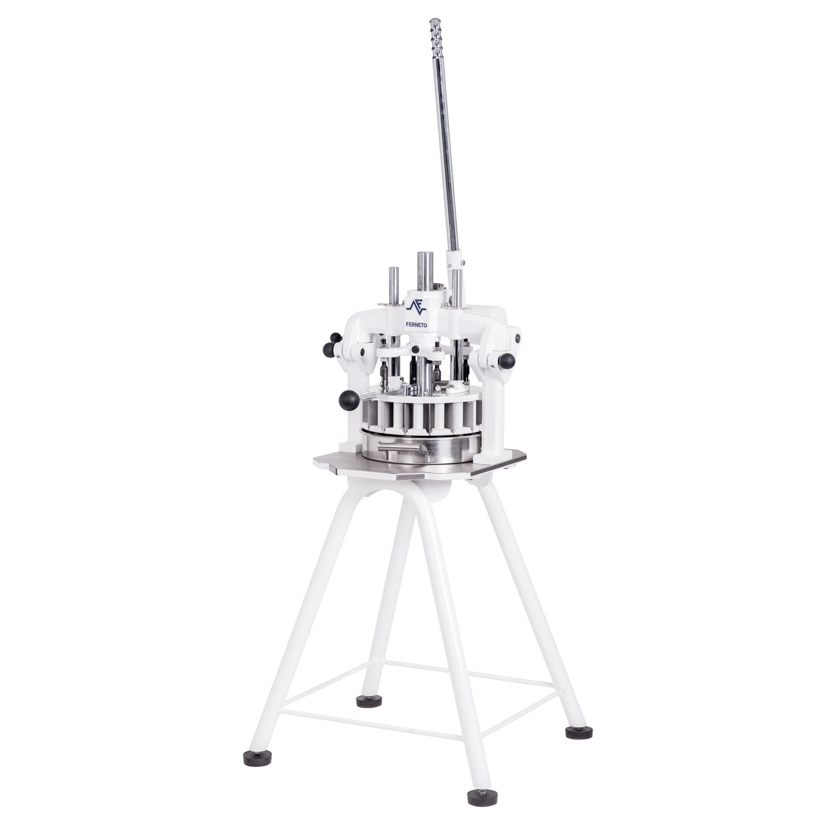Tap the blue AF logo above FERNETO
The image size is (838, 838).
click(x=416, y=306)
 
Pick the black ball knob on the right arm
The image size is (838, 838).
click(x=508, y=360)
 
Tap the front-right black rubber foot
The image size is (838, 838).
click(x=480, y=798)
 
